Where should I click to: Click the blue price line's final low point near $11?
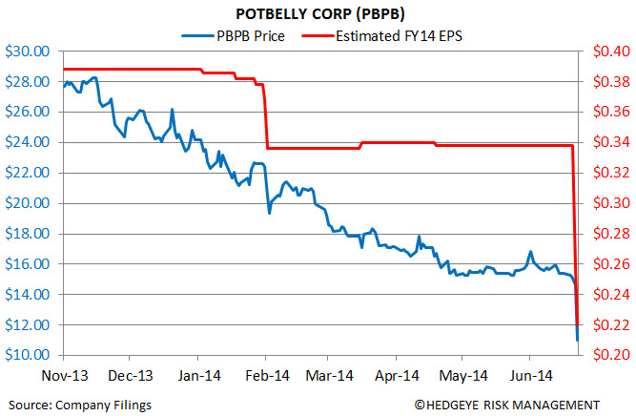click(x=577, y=340)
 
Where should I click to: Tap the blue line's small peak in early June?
click(x=529, y=253)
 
